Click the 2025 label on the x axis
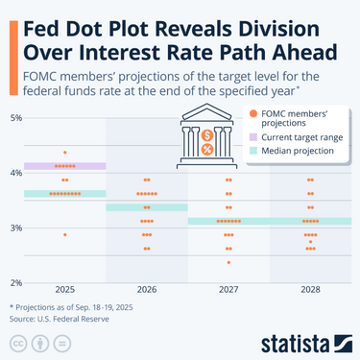[x=64, y=289]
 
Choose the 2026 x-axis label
[x=146, y=289]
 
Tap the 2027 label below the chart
[x=228, y=289]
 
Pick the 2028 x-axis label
[x=310, y=289]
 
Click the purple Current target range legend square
[x=253, y=138]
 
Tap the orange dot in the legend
[x=253, y=115]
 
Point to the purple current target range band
[x=64, y=166]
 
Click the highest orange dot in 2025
[x=64, y=153]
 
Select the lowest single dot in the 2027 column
[x=228, y=262]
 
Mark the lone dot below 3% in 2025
[x=64, y=234]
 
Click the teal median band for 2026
[x=146, y=207]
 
